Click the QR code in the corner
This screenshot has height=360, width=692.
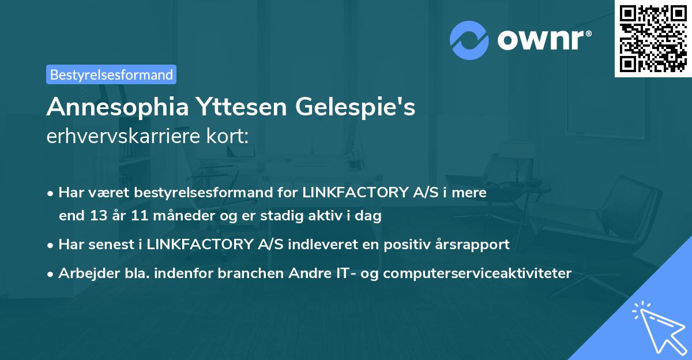click(x=653, y=39)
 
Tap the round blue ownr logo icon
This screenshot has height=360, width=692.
click(x=470, y=40)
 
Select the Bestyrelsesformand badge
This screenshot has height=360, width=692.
click(x=111, y=74)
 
